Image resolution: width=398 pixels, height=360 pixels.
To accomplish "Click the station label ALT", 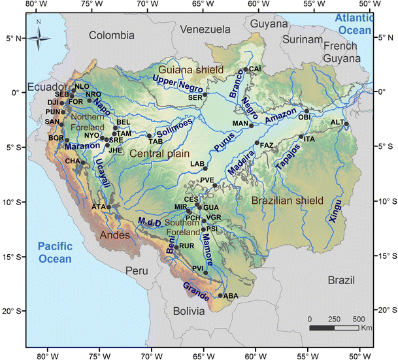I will pyautogui.click(x=337, y=122).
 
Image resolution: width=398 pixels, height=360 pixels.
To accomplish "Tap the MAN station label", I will pyautogui.click(x=240, y=123).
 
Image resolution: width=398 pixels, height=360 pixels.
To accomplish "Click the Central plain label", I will pyautogui.click(x=158, y=153).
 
